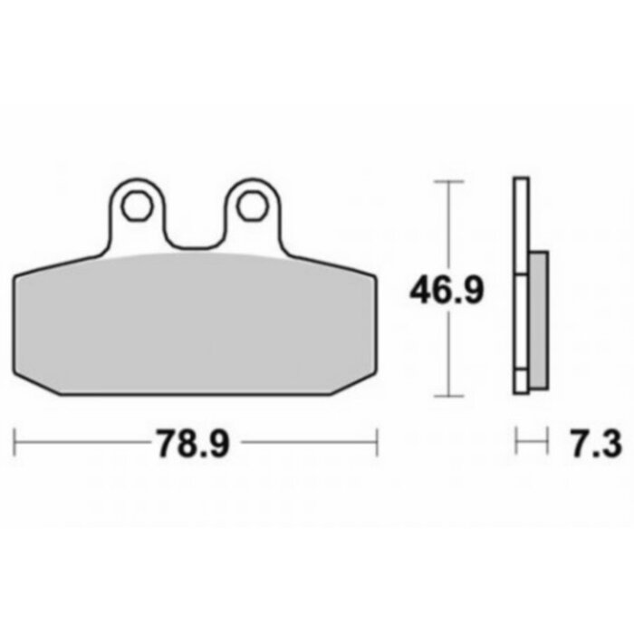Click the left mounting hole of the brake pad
138,206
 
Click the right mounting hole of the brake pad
250,206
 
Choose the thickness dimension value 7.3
594,444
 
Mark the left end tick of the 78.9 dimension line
15,443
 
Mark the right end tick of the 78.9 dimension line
377,443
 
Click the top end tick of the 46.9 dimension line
444,181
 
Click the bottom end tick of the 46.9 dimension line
444,396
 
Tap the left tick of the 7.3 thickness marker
516,443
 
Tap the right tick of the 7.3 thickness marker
549,443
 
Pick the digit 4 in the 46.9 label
419,290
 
